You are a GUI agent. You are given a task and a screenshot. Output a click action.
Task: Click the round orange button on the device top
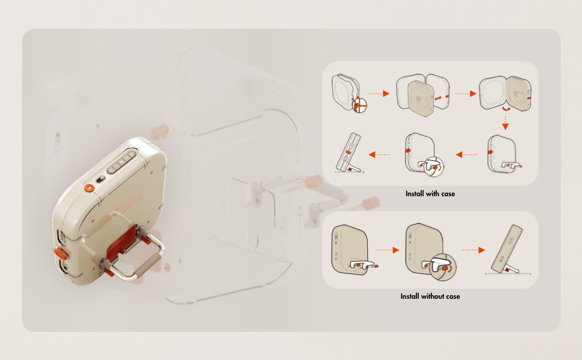(89, 188)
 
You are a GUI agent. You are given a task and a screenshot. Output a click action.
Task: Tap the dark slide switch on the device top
(100, 179)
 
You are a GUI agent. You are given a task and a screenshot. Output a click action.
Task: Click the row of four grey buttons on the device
(122, 162)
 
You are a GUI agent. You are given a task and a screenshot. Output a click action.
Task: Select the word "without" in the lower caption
(433, 296)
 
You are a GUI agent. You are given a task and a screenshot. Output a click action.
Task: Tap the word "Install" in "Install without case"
(409, 296)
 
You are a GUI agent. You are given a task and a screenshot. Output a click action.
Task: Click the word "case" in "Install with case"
(448, 194)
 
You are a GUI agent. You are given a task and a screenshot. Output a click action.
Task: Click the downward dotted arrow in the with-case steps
(505, 123)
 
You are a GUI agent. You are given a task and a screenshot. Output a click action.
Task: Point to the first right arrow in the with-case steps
(379, 94)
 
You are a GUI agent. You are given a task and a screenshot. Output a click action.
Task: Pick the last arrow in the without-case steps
(473, 250)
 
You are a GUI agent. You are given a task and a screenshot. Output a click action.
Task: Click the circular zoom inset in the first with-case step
(359, 106)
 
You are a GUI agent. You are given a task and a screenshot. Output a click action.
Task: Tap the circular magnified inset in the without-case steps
(442, 267)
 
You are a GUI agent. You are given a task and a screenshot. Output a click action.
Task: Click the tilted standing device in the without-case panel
(507, 249)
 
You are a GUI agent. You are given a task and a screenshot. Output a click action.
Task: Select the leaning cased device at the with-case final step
(349, 152)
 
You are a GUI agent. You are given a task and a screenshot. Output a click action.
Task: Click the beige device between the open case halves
(421, 99)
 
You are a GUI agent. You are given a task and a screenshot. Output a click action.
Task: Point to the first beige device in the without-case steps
(350, 249)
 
